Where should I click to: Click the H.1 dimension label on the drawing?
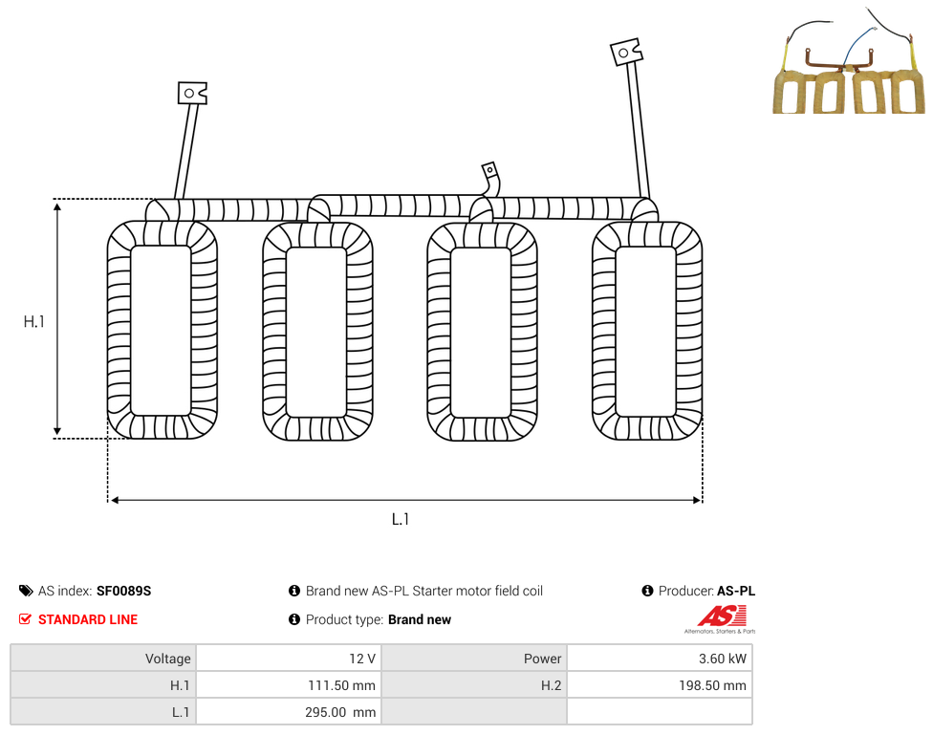click(x=33, y=322)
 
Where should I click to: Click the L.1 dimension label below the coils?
click(x=401, y=520)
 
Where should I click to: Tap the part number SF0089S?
click(x=123, y=591)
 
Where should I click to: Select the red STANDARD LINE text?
click(x=88, y=619)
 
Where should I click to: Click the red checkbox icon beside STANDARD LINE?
click(x=25, y=619)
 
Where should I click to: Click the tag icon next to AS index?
click(x=26, y=591)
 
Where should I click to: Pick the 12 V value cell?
click(x=290, y=659)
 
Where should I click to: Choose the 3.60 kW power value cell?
click(x=660, y=659)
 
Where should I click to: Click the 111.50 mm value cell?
click(x=290, y=685)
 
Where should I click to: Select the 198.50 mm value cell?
click(x=660, y=685)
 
